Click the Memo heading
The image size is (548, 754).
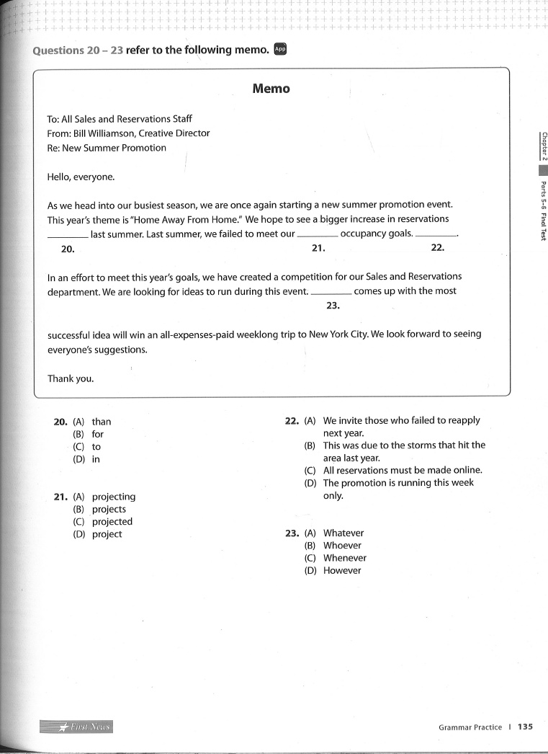[x=271, y=89]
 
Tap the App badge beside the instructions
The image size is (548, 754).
[x=281, y=49]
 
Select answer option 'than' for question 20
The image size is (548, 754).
[x=102, y=422]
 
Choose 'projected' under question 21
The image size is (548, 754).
[x=112, y=522]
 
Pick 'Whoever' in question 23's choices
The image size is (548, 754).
[x=342, y=546]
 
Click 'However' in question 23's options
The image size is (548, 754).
[x=342, y=571]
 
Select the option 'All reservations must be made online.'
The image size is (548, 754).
[x=402, y=470]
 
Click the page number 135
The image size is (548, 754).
[x=525, y=727]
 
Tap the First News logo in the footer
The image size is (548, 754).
[x=77, y=727]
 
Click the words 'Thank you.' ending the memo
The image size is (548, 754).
[x=71, y=378]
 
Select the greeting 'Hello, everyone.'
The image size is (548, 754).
[x=81, y=177]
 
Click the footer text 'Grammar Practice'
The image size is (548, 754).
[x=470, y=727]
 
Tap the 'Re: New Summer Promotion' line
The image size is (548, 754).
[x=107, y=148]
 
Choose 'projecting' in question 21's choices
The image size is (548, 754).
[x=113, y=497]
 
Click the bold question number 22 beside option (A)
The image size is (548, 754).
[x=292, y=421]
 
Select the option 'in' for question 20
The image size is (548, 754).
[x=96, y=459]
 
